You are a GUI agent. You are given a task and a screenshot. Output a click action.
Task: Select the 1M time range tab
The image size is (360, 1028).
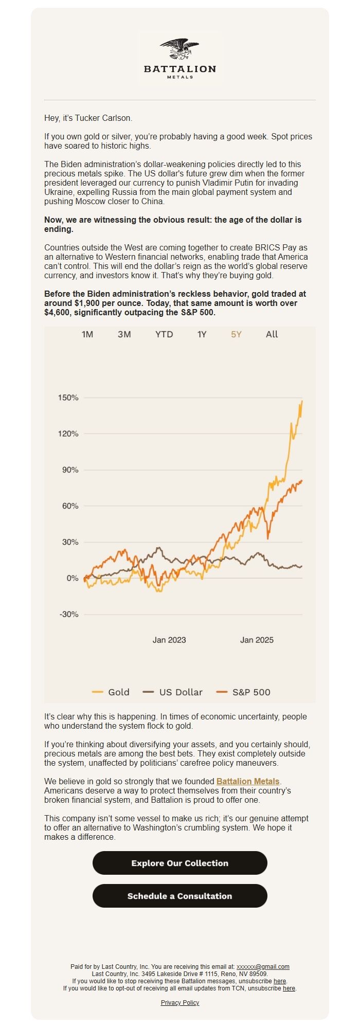click(x=87, y=334)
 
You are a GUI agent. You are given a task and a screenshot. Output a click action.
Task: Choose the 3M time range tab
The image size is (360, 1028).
click(x=124, y=334)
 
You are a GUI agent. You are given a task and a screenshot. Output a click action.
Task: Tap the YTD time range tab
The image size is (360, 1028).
click(x=164, y=334)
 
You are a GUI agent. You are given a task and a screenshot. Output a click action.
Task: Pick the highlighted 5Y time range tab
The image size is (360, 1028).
click(x=236, y=334)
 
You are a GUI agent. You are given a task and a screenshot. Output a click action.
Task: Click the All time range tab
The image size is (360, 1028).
click(x=272, y=334)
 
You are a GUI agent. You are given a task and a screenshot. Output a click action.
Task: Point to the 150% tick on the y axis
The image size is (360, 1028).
click(x=68, y=398)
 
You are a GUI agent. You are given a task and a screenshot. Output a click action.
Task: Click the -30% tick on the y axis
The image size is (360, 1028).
click(x=69, y=614)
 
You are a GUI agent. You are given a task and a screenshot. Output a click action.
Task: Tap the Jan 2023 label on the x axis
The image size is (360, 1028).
click(x=169, y=640)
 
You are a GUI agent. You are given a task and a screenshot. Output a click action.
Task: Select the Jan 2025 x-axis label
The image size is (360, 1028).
click(x=257, y=640)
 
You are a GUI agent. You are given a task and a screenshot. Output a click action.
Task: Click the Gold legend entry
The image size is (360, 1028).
click(x=111, y=692)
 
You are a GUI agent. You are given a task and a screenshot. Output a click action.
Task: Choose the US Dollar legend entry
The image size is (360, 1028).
click(x=173, y=692)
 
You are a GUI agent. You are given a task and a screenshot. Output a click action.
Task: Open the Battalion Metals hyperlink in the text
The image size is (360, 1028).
click(x=248, y=781)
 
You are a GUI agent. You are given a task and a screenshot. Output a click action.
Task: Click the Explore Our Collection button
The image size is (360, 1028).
click(x=180, y=863)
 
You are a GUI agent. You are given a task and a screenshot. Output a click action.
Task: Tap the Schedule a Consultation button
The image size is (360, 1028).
click(x=180, y=896)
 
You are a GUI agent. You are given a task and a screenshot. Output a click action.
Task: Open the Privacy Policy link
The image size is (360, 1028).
click(x=180, y=1002)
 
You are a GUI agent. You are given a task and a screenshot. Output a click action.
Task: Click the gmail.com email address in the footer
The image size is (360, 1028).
click(x=263, y=966)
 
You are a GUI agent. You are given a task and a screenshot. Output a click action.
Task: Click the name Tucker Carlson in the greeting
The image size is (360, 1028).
click(x=103, y=118)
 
